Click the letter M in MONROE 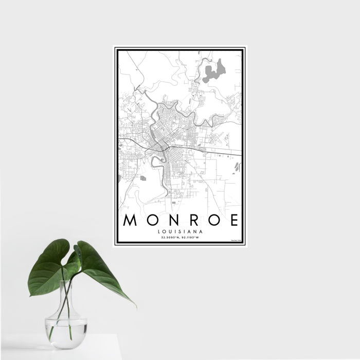coord(130,221)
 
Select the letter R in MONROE coord(195,221)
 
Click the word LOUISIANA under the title coord(180,232)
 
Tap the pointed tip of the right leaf coord(135,306)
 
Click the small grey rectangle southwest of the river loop coord(143,178)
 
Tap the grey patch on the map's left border coord(119,178)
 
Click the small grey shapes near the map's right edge coord(237,166)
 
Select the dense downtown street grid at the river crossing coord(160,139)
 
